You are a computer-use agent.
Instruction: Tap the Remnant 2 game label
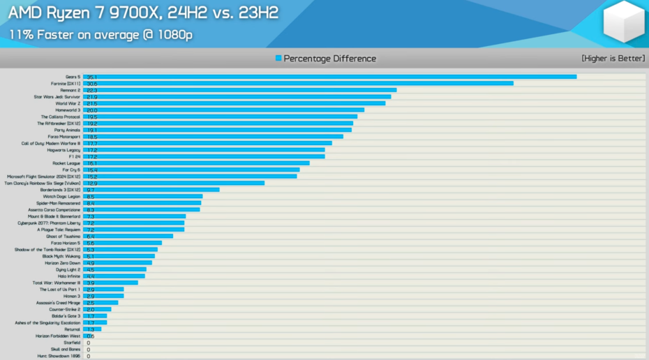tap(70, 90)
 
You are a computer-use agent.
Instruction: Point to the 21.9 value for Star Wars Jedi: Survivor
tap(92, 97)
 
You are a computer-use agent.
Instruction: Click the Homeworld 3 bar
tap(223, 110)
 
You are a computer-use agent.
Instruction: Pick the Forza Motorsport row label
tap(64, 137)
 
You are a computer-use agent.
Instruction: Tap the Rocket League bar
tap(196, 163)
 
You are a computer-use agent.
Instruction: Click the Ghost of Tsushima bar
tap(128, 237)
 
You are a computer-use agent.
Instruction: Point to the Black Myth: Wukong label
tap(61, 256)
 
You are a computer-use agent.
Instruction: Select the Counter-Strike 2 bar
tap(97, 309)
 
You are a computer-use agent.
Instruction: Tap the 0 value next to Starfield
tap(89, 343)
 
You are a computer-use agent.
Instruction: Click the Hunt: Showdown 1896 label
tap(59, 356)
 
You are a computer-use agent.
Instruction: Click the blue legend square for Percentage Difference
tap(278, 59)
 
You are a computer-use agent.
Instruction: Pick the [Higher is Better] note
tap(613, 59)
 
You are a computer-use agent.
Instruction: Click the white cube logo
tap(623, 22)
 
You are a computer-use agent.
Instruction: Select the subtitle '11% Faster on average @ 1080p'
tap(100, 34)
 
